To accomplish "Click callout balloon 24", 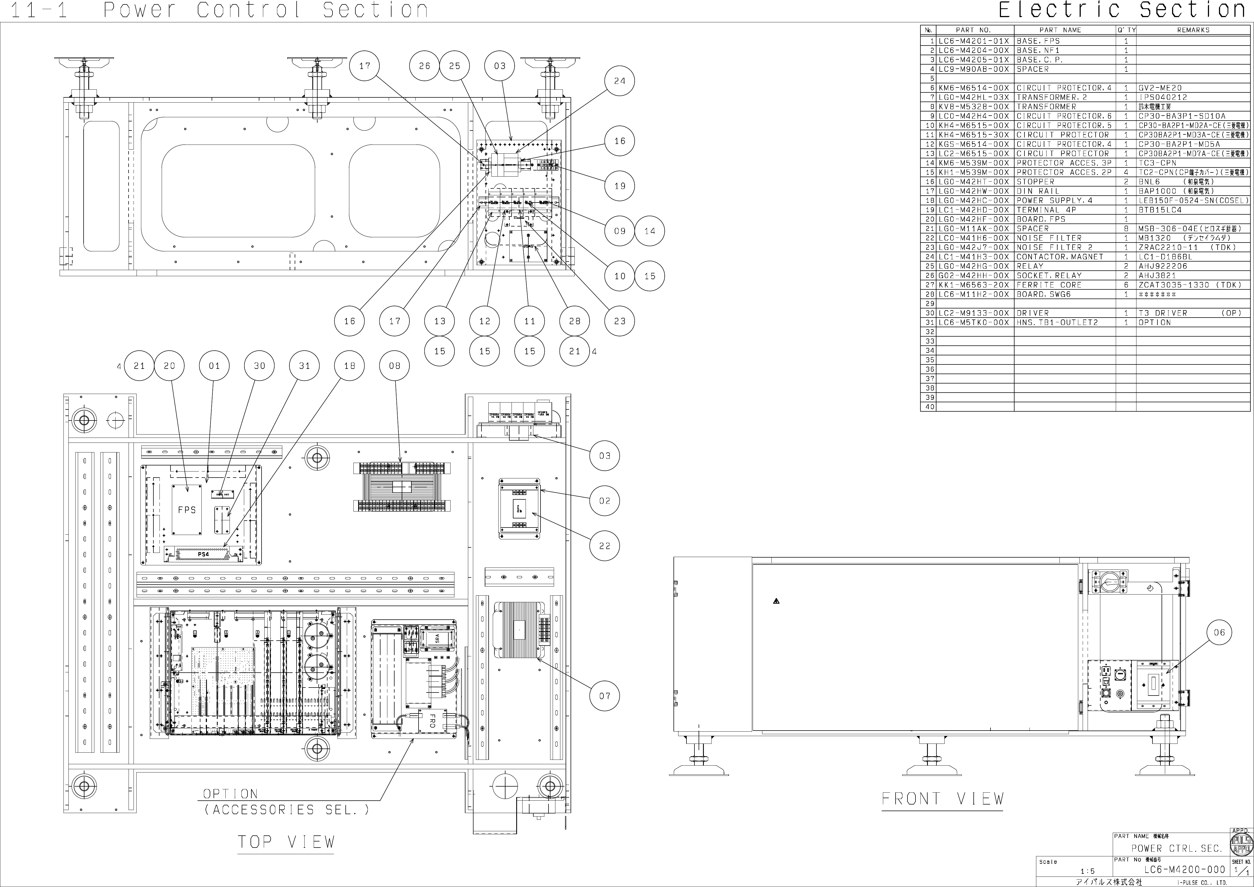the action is point(619,81).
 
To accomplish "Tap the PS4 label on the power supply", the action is point(203,554).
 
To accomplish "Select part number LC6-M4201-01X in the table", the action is point(974,41).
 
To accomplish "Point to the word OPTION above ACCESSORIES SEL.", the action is point(230,793).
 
